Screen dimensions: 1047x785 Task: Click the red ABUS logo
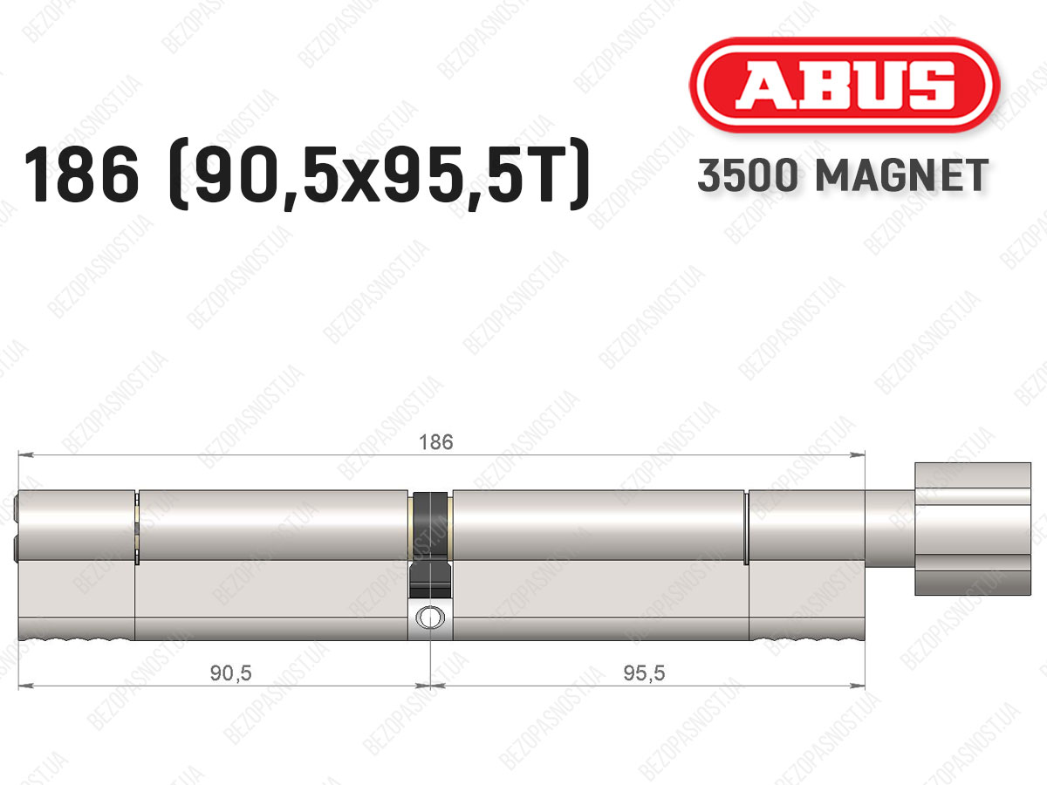pyautogui.click(x=845, y=85)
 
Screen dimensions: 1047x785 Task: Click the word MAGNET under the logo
pyautogui.click(x=902, y=175)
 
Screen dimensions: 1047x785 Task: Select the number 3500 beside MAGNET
pyautogui.click(x=748, y=175)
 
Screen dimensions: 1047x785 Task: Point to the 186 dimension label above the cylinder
pyautogui.click(x=435, y=442)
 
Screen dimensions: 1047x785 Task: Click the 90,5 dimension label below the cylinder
pyautogui.click(x=230, y=673)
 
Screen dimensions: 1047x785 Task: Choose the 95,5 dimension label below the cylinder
pyautogui.click(x=643, y=673)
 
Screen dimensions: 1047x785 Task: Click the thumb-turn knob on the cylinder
pyautogui.click(x=973, y=529)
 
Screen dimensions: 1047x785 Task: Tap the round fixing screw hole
pyautogui.click(x=430, y=618)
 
